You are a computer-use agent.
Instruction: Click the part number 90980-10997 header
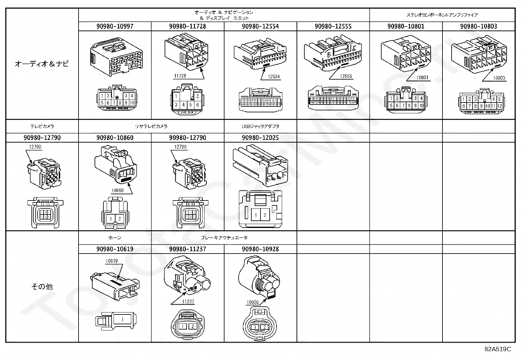(115, 26)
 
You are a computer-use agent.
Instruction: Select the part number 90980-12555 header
(333, 26)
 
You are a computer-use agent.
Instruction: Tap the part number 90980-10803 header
(478, 26)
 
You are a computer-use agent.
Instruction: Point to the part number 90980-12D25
(260, 138)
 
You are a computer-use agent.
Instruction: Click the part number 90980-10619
(115, 249)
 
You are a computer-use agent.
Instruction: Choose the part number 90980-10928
(260, 249)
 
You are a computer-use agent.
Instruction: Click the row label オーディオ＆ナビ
(42, 64)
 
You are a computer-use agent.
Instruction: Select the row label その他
(42, 287)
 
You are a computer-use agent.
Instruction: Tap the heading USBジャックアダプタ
(260, 126)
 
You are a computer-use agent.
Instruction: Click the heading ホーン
(115, 237)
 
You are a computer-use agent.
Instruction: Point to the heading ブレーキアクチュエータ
(224, 237)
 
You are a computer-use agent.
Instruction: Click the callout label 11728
(180, 76)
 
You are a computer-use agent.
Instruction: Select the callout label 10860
(118, 190)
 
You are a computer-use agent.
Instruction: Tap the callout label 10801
(422, 78)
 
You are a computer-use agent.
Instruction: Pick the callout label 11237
(188, 302)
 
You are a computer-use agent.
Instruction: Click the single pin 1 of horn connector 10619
(122, 319)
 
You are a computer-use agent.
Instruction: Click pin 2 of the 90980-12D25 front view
(265, 215)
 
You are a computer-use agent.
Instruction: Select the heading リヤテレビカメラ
(151, 126)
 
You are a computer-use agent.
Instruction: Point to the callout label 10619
(111, 261)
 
